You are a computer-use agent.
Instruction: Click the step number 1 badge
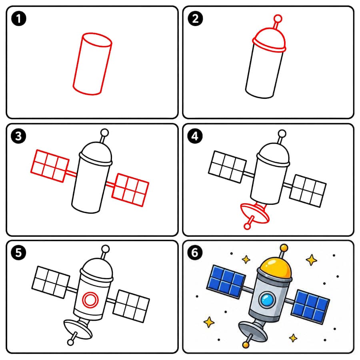[x=18, y=18]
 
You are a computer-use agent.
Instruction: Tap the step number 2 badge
[x=195, y=18]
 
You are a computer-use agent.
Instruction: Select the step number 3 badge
[x=18, y=136]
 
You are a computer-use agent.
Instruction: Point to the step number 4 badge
[x=195, y=136]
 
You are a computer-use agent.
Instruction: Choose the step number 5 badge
[x=18, y=253]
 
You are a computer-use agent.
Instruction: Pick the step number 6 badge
[x=195, y=253]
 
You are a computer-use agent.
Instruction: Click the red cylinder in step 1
[x=92, y=64]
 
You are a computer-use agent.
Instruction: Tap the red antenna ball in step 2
[x=278, y=18]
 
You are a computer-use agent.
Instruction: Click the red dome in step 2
[x=269, y=40]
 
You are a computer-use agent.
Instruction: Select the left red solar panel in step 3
[x=50, y=166]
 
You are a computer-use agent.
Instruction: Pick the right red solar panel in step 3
[x=130, y=190]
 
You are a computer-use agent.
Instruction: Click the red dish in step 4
[x=255, y=213]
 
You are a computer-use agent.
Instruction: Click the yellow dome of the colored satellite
[x=276, y=268]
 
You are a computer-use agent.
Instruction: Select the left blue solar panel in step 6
[x=226, y=281]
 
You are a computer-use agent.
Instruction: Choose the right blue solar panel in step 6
[x=310, y=306]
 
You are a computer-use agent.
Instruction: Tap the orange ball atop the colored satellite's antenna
[x=284, y=248]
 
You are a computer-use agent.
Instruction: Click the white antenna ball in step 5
[x=105, y=249]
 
